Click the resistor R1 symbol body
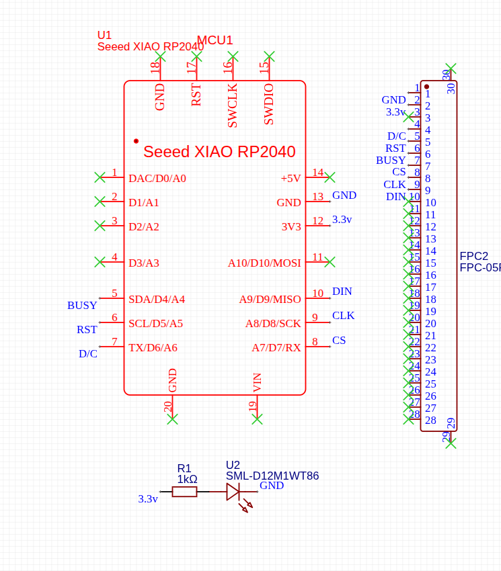[x=184, y=492]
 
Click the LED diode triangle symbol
[x=233, y=492]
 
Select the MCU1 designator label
[x=215, y=40]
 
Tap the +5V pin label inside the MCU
[x=291, y=179]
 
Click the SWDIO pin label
[x=269, y=104]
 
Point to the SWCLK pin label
[x=233, y=105]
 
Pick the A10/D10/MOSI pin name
[x=264, y=263]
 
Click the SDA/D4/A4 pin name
[x=157, y=300]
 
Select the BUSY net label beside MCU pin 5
[x=82, y=306]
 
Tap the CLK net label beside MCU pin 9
[x=343, y=316]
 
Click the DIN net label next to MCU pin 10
[x=342, y=292]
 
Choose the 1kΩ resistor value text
[x=187, y=480]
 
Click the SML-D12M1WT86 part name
[x=272, y=476]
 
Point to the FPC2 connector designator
[x=474, y=257]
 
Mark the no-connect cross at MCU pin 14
[x=330, y=177]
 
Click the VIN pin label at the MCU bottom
[x=258, y=382]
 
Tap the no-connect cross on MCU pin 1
[x=100, y=177]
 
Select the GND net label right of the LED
[x=272, y=486]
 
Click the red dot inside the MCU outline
[x=136, y=141]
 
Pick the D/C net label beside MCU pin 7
[x=88, y=354]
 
